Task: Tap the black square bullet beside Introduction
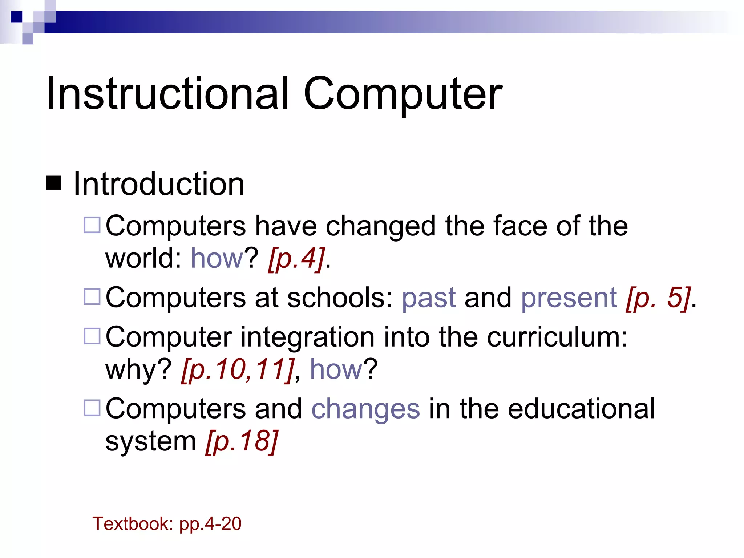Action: (x=54, y=183)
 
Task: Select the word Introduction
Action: (x=159, y=184)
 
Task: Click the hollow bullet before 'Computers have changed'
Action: (x=92, y=225)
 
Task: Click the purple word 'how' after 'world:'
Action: (x=217, y=258)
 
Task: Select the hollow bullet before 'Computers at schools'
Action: (x=92, y=296)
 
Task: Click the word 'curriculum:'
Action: (x=557, y=337)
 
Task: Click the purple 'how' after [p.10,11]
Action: (x=336, y=369)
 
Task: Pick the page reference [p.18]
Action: (x=242, y=441)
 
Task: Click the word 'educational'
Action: (x=581, y=409)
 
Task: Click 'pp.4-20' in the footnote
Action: (x=210, y=524)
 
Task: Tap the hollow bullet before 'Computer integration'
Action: (x=92, y=336)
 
